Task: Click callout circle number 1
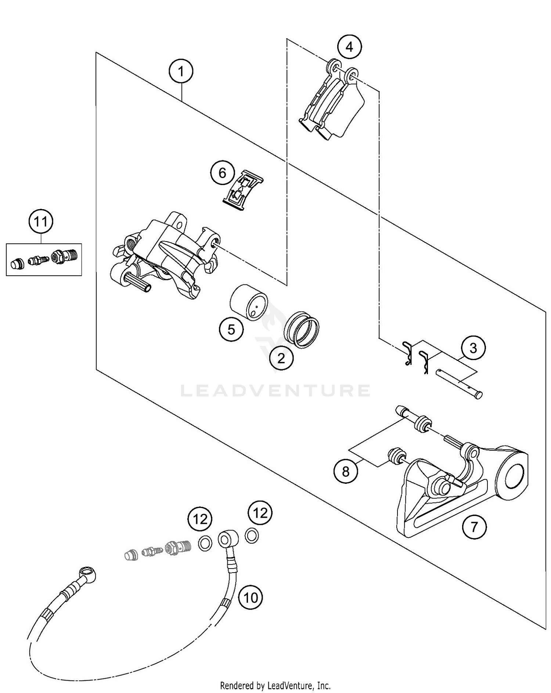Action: tap(181, 72)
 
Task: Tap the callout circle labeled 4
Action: tap(349, 47)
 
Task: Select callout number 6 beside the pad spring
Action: tap(222, 173)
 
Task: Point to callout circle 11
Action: tap(41, 222)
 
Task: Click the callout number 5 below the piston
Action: tap(231, 329)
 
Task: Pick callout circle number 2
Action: tap(281, 358)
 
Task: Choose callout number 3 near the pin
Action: tap(473, 348)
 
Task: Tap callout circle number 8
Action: tap(346, 471)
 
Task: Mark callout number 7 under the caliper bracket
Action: tap(474, 527)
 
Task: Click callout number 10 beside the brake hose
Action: tap(251, 598)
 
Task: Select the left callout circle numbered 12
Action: tap(200, 519)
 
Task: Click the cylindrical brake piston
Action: tap(249, 302)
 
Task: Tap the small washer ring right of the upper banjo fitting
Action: tap(251, 536)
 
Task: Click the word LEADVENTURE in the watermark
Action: tap(275, 391)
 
